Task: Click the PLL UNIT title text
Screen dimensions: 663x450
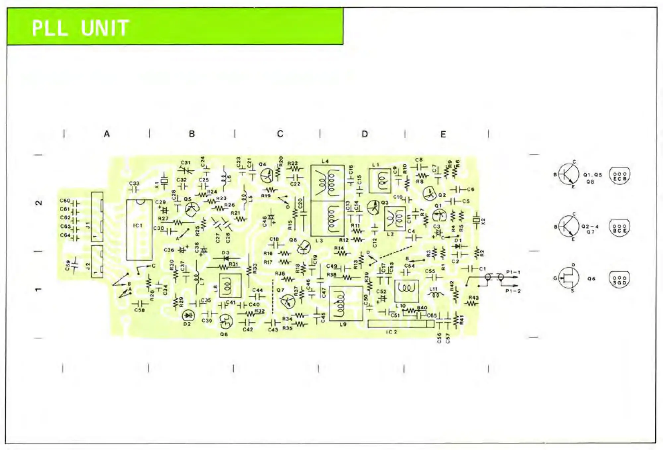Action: [x=81, y=28]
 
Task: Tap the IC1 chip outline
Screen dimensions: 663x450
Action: [x=139, y=230]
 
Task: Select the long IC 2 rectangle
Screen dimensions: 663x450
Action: [x=400, y=324]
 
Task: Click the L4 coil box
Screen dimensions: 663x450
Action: [x=327, y=183]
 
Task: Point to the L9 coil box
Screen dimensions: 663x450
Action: [x=345, y=304]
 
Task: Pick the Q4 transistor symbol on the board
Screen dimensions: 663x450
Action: [x=267, y=176]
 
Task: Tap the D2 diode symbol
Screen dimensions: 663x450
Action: [x=188, y=315]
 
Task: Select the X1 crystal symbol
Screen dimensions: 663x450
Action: [x=164, y=181]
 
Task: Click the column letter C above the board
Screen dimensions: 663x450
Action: [x=280, y=134]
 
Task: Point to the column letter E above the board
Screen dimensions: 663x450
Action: [x=443, y=134]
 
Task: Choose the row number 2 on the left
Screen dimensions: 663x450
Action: [x=39, y=203]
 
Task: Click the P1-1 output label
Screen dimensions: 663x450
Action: [x=513, y=272]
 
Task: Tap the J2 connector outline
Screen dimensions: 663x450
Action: [x=97, y=261]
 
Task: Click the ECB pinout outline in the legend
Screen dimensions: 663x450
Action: [x=620, y=176]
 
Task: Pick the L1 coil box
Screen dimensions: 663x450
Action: [x=380, y=181]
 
